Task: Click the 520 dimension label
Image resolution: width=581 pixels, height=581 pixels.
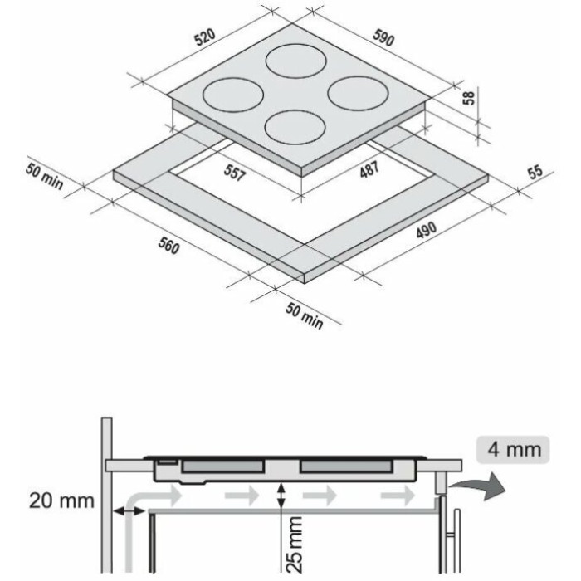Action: [205, 37]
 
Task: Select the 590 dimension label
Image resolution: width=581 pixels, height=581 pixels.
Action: [383, 38]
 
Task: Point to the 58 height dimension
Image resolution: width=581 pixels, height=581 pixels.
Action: [469, 98]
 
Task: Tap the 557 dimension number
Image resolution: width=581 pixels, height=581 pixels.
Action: [235, 173]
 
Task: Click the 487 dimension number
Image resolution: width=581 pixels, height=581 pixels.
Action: [369, 169]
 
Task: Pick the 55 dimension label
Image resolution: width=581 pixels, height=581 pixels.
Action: [535, 172]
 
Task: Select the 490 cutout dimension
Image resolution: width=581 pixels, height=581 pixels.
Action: [427, 231]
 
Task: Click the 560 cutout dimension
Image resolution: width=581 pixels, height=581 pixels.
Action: [169, 246]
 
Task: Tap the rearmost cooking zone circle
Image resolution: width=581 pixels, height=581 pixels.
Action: [296, 61]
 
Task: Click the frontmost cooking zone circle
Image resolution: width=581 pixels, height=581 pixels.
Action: [295, 128]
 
